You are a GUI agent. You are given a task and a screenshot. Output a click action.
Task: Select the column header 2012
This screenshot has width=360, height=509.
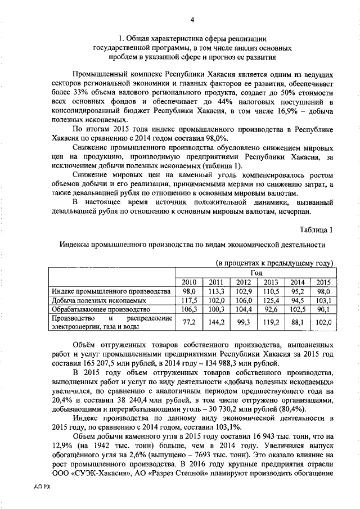(243, 282)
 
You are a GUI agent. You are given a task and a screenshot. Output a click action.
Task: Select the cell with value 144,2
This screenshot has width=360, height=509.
(216, 322)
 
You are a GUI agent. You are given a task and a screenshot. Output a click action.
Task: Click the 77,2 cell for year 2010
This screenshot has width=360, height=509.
(189, 322)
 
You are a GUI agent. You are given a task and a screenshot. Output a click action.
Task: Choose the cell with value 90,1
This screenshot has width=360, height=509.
(324, 309)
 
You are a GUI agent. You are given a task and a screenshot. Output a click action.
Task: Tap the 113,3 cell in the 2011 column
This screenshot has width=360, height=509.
(216, 291)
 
